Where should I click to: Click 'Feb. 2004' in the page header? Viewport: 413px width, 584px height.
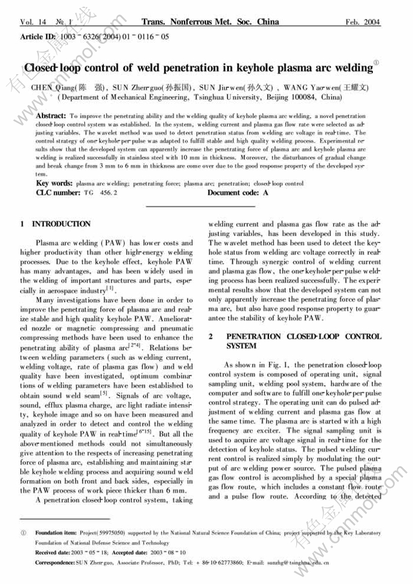coord(363,22)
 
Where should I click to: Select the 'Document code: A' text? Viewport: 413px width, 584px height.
coord(237,192)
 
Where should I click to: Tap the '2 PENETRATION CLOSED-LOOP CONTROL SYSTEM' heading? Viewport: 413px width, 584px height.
coord(295,341)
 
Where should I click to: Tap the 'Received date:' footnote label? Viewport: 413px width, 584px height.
coord(53,552)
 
